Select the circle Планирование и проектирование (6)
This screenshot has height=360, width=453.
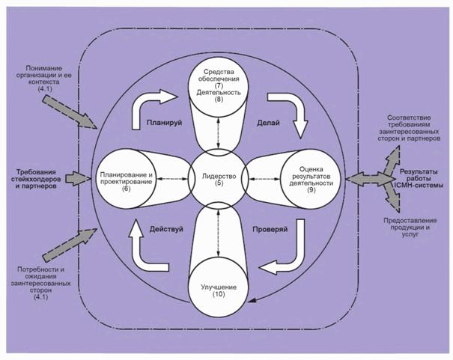(x=126, y=180)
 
